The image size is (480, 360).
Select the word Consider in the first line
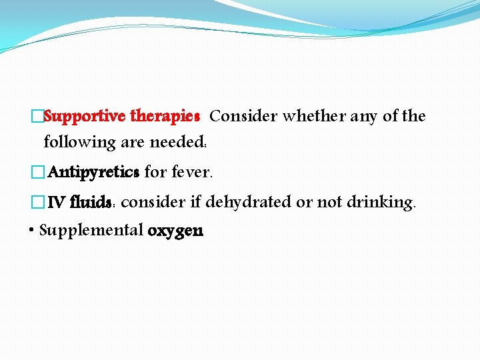(x=243, y=117)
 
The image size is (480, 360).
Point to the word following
(x=79, y=142)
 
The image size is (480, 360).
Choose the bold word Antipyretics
(x=93, y=173)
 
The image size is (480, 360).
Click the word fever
(x=192, y=173)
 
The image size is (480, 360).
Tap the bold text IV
(x=57, y=202)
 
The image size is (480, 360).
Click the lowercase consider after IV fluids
(x=154, y=202)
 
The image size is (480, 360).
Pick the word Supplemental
(x=91, y=231)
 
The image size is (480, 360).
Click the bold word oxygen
(x=175, y=232)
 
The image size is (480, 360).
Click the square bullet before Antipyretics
(x=37, y=173)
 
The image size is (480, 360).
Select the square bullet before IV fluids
(x=37, y=202)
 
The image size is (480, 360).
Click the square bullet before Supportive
(x=37, y=117)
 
